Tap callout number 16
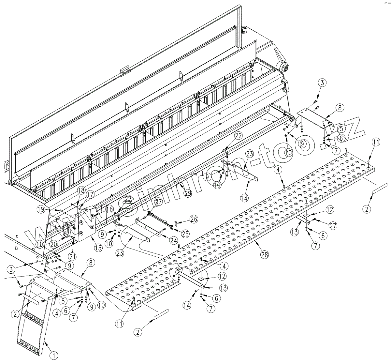[x=109, y=209]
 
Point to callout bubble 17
[x=90, y=194]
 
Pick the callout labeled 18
[x=81, y=190]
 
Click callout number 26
[x=194, y=220]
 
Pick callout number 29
[x=188, y=193]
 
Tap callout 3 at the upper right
[x=322, y=83]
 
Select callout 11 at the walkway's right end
[x=376, y=142]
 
